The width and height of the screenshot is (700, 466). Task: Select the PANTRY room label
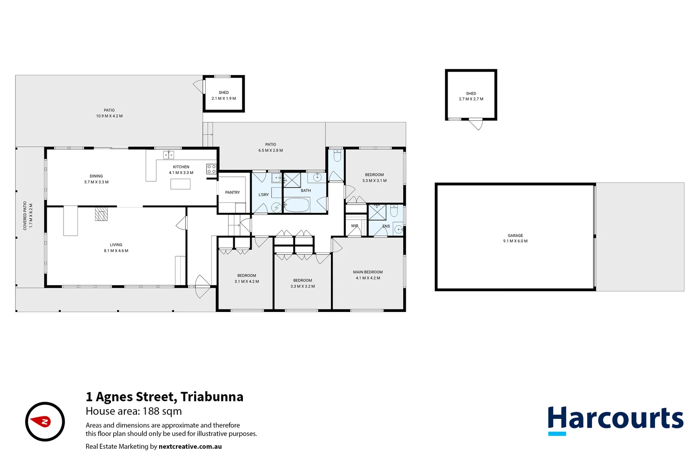(232, 192)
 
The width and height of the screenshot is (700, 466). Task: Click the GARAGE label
(515, 236)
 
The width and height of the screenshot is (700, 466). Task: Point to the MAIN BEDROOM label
(368, 272)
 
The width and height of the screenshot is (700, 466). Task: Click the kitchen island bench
(180, 184)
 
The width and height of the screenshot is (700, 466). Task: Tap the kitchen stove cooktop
(211, 169)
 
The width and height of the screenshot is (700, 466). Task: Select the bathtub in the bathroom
(297, 205)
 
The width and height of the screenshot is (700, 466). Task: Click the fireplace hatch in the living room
(101, 214)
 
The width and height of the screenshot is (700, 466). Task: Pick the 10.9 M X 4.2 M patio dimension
(109, 116)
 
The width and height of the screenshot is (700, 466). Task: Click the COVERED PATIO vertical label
(25, 216)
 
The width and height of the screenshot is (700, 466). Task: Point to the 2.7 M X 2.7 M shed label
(471, 99)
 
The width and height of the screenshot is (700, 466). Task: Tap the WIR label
(355, 226)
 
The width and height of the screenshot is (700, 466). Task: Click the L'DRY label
(264, 195)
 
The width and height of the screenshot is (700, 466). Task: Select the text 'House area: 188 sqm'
(134, 411)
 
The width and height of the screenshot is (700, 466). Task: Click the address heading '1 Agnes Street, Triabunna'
(164, 397)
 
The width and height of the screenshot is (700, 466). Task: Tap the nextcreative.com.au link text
(190, 447)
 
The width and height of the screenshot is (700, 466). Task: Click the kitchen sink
(168, 155)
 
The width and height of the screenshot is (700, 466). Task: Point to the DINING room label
(96, 176)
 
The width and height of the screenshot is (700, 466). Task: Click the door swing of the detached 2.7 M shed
(476, 124)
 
